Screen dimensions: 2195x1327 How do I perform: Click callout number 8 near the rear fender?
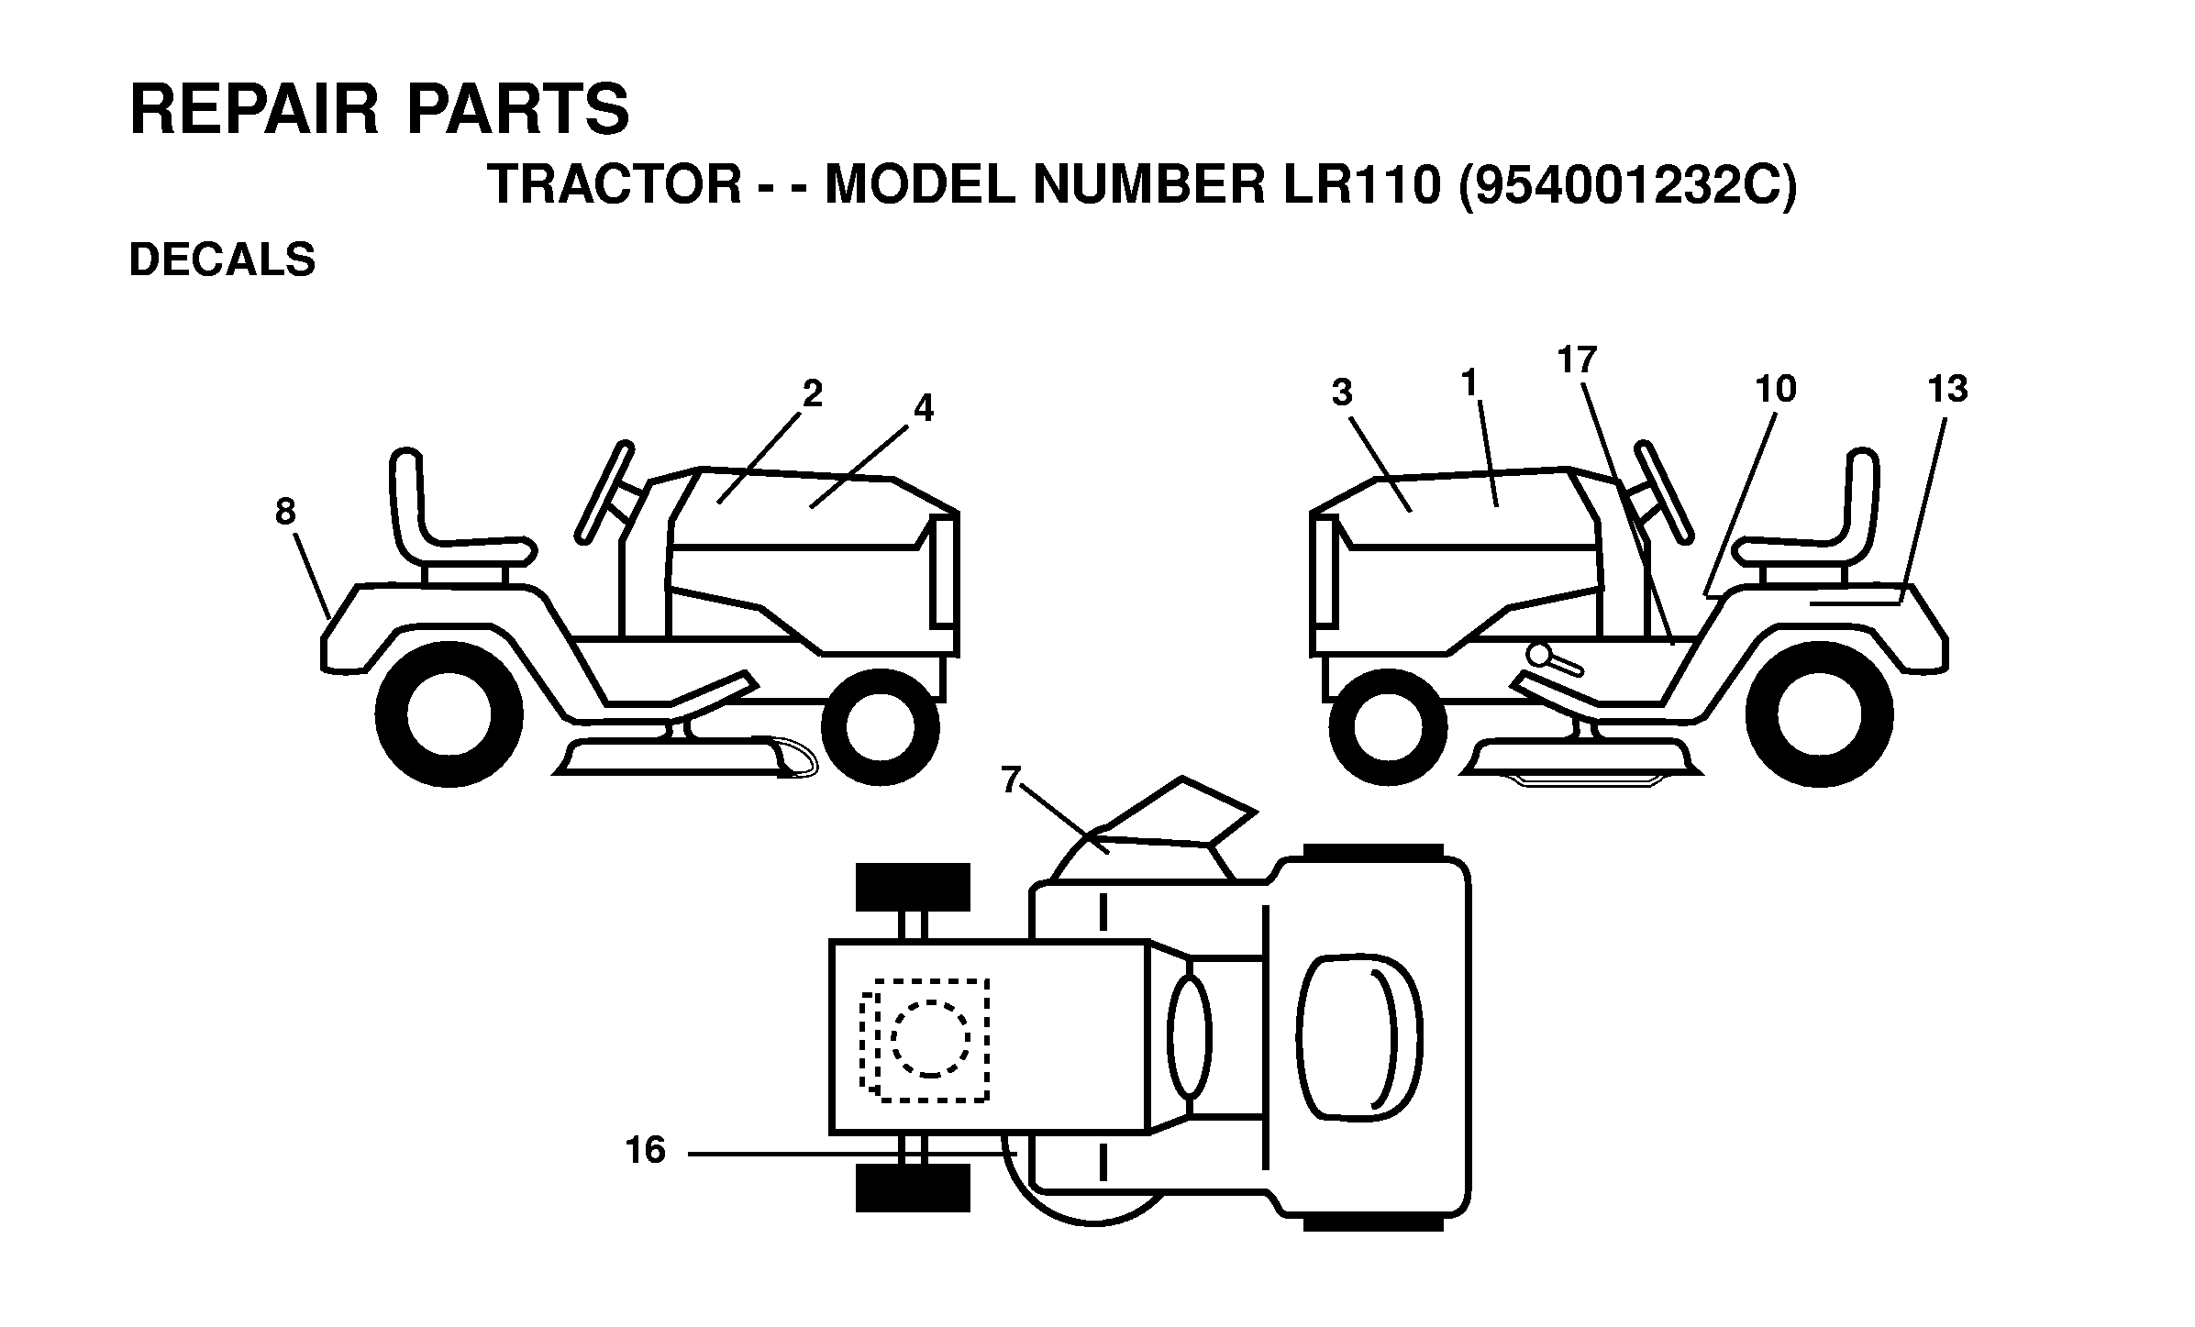285,512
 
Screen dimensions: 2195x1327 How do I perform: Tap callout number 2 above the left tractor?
812,394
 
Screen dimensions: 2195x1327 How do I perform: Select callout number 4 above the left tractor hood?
923,409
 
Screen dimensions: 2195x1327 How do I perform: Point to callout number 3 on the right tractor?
1342,393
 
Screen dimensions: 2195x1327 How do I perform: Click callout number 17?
1577,360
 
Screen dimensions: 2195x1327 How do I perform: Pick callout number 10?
1775,390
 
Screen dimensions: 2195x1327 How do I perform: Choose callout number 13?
1947,390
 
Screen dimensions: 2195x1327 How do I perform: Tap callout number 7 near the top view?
1012,780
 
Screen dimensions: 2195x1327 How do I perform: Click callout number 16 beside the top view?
645,1150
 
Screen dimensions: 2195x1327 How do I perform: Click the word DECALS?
222,260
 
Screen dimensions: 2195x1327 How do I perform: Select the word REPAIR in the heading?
254,110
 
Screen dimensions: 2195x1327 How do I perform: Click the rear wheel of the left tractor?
449,713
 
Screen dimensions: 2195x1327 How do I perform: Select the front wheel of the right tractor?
1387,727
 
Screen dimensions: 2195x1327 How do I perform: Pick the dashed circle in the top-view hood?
930,1037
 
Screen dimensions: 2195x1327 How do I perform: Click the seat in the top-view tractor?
1360,1038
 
